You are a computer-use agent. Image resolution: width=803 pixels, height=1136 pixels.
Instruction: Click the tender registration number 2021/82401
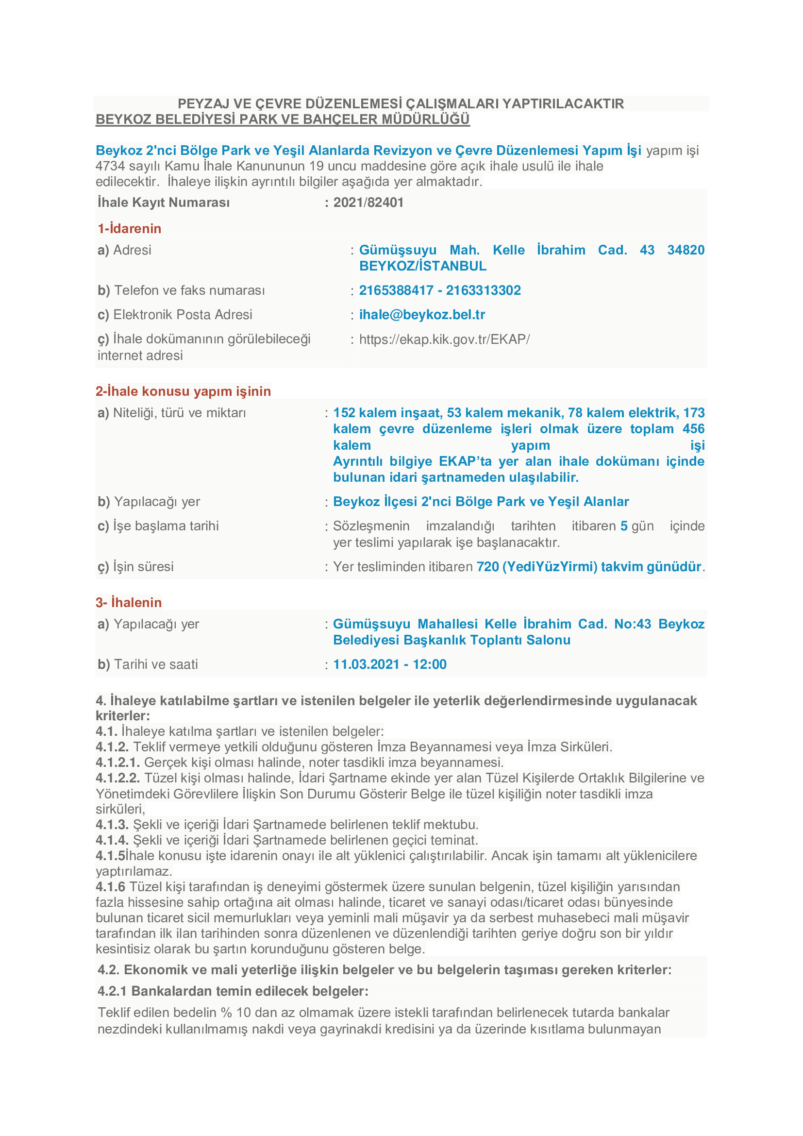click(x=368, y=203)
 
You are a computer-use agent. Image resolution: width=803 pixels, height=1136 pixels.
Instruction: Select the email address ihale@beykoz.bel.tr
click(x=422, y=315)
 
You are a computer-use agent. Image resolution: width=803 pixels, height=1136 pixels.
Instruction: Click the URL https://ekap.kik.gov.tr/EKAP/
click(x=444, y=339)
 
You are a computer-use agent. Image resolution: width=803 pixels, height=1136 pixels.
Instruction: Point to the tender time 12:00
click(x=430, y=664)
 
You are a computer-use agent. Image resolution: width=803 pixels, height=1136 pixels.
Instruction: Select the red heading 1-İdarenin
click(x=130, y=229)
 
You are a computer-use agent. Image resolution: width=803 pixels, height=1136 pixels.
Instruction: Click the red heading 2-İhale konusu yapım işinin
click(x=183, y=391)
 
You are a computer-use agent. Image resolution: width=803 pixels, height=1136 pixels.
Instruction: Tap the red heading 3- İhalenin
click(x=129, y=603)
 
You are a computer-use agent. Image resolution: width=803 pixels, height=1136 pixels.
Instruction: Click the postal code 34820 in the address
click(x=686, y=250)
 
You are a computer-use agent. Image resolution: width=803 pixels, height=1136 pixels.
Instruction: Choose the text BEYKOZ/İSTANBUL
click(x=423, y=266)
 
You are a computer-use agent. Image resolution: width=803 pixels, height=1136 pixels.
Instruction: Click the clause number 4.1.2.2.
click(x=117, y=778)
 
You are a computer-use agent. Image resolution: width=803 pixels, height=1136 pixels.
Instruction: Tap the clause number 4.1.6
click(x=110, y=887)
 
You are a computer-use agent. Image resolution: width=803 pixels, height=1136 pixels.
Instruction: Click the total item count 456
click(x=693, y=429)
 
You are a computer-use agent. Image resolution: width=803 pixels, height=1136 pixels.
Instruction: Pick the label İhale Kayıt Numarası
click(x=164, y=203)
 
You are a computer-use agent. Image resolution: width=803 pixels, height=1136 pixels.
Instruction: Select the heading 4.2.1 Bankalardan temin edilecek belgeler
click(x=233, y=991)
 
